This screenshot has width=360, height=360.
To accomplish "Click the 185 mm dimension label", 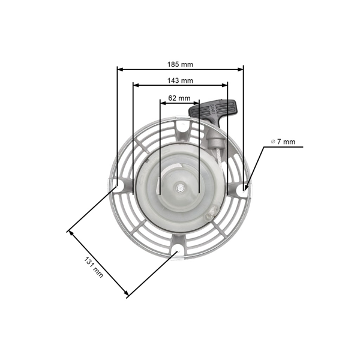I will point(180,62).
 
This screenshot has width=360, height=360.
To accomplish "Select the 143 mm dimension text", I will point(180,80).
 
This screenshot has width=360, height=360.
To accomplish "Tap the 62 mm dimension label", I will point(179,97).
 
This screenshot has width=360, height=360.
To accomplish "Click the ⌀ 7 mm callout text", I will point(283,142).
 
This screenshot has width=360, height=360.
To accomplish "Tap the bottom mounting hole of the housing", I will point(179,248).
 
